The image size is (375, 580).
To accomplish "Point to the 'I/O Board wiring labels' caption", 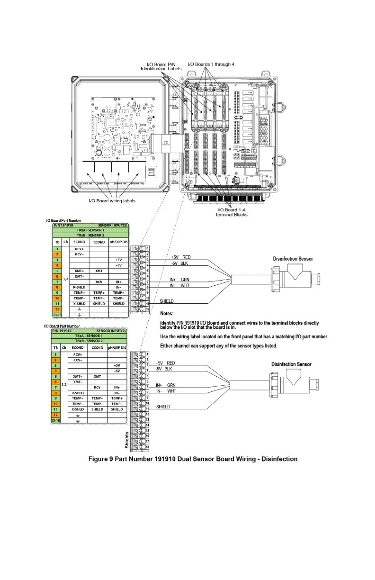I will coord(112,201).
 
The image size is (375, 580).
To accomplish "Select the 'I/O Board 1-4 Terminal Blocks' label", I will coord(232,212).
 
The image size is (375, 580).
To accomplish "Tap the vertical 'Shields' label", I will coord(127,440).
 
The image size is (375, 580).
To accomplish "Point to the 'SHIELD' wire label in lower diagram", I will coord(163,407).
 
